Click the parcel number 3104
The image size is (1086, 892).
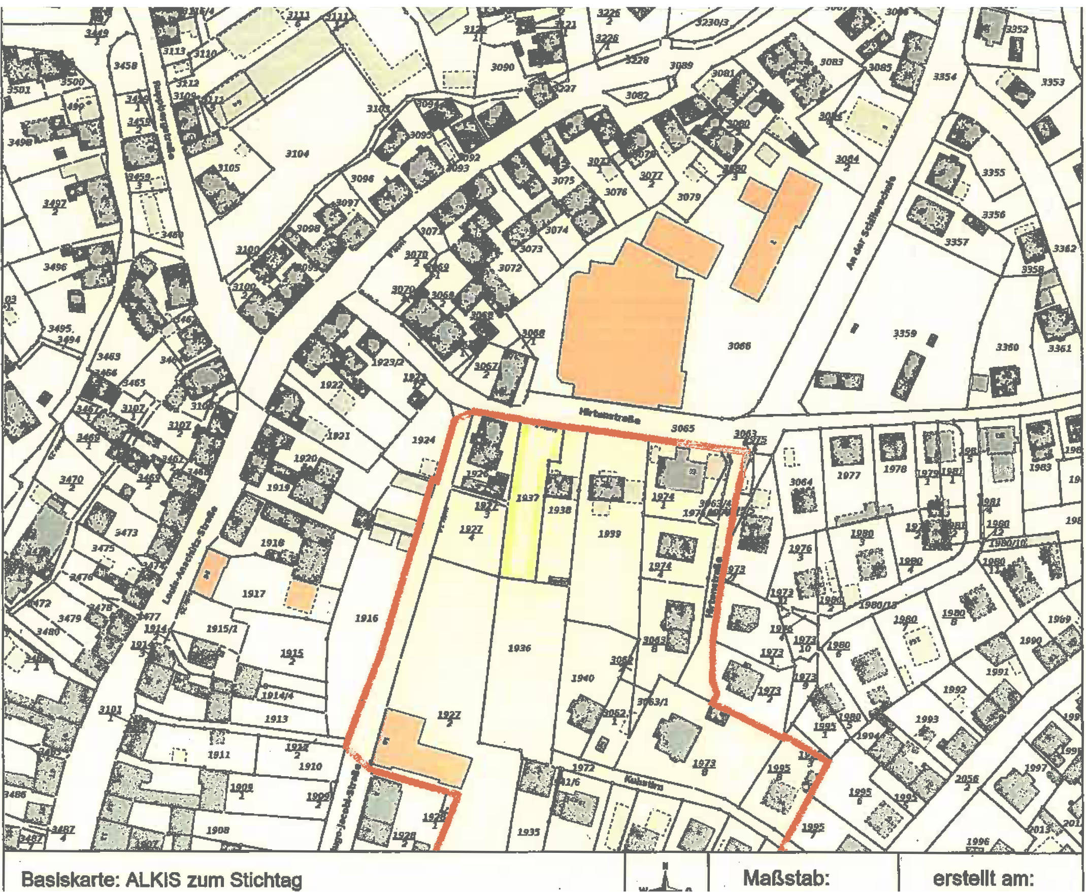(x=297, y=153)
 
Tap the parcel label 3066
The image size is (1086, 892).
(x=739, y=346)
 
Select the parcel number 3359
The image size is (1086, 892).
(x=904, y=333)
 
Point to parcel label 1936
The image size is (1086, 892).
(x=519, y=649)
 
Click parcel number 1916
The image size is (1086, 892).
(x=366, y=618)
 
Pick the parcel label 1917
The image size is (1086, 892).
(x=253, y=594)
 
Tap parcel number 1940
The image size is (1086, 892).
(x=583, y=678)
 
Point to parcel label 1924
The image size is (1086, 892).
(x=423, y=440)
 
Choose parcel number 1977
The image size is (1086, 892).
(x=848, y=476)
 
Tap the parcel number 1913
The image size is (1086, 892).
(x=276, y=719)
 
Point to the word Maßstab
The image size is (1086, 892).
(x=786, y=879)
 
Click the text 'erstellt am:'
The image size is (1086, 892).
(x=983, y=878)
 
